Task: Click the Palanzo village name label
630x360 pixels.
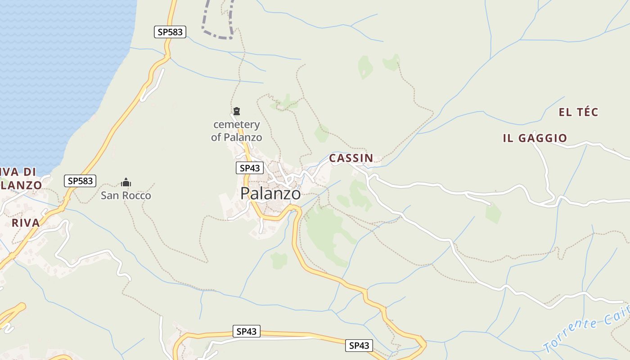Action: [x=270, y=193]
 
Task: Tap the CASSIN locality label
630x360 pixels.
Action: [x=351, y=158]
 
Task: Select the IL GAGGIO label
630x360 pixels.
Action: [x=535, y=138]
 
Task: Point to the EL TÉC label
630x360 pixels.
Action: [x=578, y=112]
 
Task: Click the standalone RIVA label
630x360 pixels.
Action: [x=26, y=223]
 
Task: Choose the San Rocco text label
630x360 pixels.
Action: [x=126, y=196]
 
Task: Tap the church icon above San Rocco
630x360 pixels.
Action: [x=126, y=182]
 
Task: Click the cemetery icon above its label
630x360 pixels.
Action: [x=237, y=111]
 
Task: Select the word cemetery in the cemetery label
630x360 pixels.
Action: [x=237, y=124]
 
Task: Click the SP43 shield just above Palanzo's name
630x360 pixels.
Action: [x=249, y=168]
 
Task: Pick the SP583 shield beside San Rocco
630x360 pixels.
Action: [x=80, y=181]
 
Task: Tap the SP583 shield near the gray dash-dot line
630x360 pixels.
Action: [x=170, y=32]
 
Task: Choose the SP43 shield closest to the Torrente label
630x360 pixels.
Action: [x=359, y=345]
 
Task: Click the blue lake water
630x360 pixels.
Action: [x=58, y=67]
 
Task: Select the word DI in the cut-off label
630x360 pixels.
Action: [x=29, y=171]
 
